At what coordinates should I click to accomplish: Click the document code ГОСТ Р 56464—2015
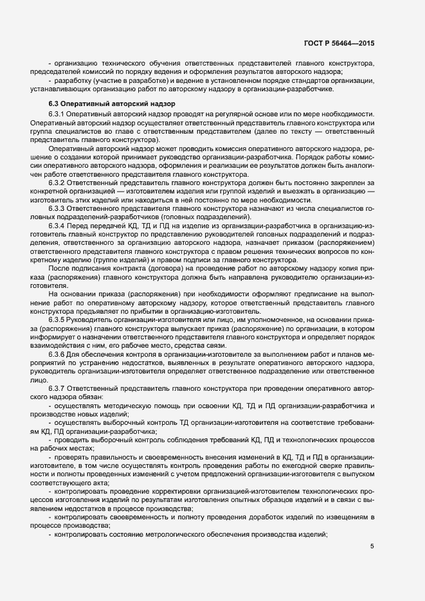339,43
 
